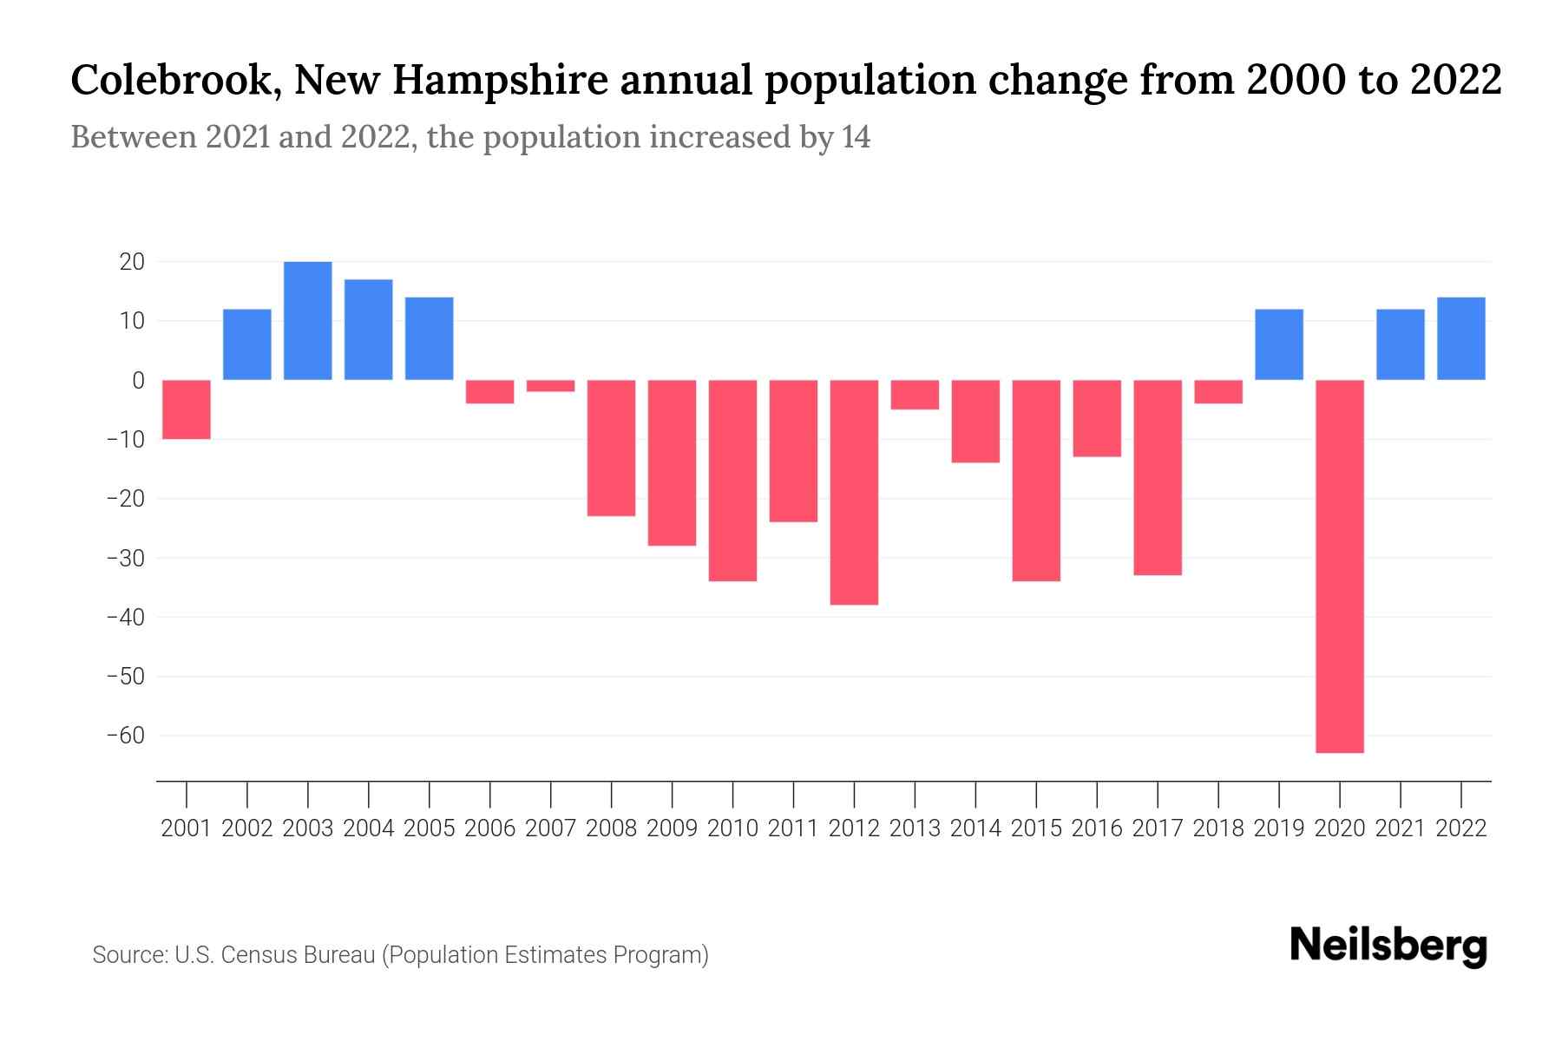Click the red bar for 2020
[1340, 566]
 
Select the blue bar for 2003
[308, 320]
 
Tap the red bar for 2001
[187, 409]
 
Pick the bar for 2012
[854, 492]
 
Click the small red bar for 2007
[550, 386]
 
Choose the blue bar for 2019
[1279, 344]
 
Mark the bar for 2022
[1461, 338]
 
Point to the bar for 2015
[1036, 480]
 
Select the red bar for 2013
[915, 395]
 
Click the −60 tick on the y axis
[125, 736]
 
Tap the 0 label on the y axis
[138, 380]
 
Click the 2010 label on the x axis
[732, 828]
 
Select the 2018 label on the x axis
[1218, 828]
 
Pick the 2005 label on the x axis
[430, 828]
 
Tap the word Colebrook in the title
[170, 81]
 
